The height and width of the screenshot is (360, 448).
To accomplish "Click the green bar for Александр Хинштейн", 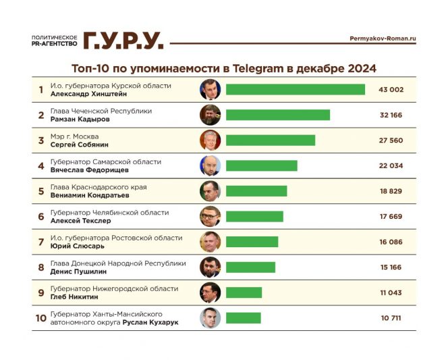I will click(x=295, y=90).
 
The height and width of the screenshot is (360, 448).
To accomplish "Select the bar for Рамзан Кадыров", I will click(x=277, y=115).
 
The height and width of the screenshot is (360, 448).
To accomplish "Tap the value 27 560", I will click(x=391, y=140).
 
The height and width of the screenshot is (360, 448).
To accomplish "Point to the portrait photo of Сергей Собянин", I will click(x=210, y=140).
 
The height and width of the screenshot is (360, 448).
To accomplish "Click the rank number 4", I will click(x=40, y=166).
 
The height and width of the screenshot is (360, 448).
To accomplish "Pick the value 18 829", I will click(x=391, y=191).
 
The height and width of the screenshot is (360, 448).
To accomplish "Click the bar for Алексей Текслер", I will click(x=254, y=216).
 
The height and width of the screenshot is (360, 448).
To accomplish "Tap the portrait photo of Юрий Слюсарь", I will click(x=210, y=242).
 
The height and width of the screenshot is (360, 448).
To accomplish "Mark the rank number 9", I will click(x=40, y=292).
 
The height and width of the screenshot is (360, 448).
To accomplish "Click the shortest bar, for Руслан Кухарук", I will click(x=243, y=317).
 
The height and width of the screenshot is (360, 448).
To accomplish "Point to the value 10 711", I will click(x=391, y=317).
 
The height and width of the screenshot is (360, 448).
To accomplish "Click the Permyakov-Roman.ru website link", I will click(x=383, y=39).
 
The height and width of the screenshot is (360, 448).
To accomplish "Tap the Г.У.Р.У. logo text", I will click(x=123, y=41).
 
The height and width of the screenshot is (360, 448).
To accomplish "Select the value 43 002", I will click(x=391, y=90).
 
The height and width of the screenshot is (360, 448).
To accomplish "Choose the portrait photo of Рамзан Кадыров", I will click(x=210, y=115).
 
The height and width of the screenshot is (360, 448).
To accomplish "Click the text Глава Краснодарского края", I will click(x=99, y=187).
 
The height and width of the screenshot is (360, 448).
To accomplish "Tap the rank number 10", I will click(x=40, y=317).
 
